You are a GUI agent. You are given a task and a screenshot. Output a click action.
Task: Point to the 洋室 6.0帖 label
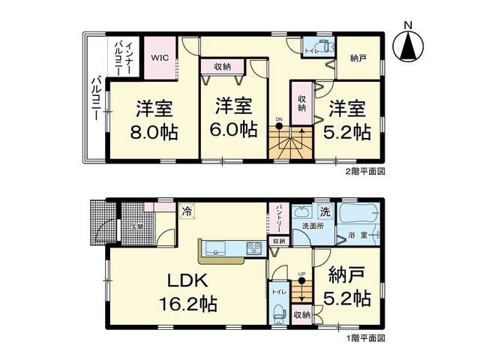click(233, 117)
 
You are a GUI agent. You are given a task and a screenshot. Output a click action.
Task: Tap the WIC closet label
click(160, 56)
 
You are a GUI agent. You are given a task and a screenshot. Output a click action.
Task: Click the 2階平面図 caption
click(365, 171)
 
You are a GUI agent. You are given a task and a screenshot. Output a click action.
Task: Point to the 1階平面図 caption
click(365, 339)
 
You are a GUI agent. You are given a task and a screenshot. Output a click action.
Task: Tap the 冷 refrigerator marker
click(187, 213)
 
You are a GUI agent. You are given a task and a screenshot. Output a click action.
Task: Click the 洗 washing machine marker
click(325, 211)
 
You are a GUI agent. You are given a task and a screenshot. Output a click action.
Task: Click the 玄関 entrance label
click(138, 225)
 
